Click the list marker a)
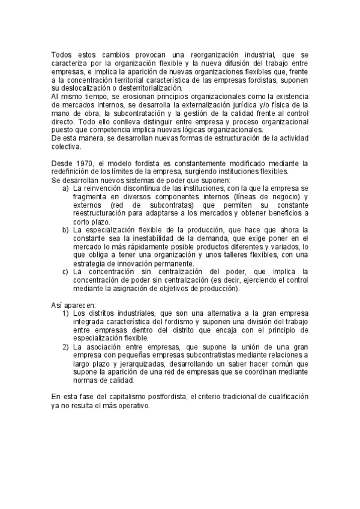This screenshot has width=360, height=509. coord(65,188)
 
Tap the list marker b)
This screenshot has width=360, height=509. coord(65,230)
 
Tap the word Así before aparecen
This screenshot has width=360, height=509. coord(58,305)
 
